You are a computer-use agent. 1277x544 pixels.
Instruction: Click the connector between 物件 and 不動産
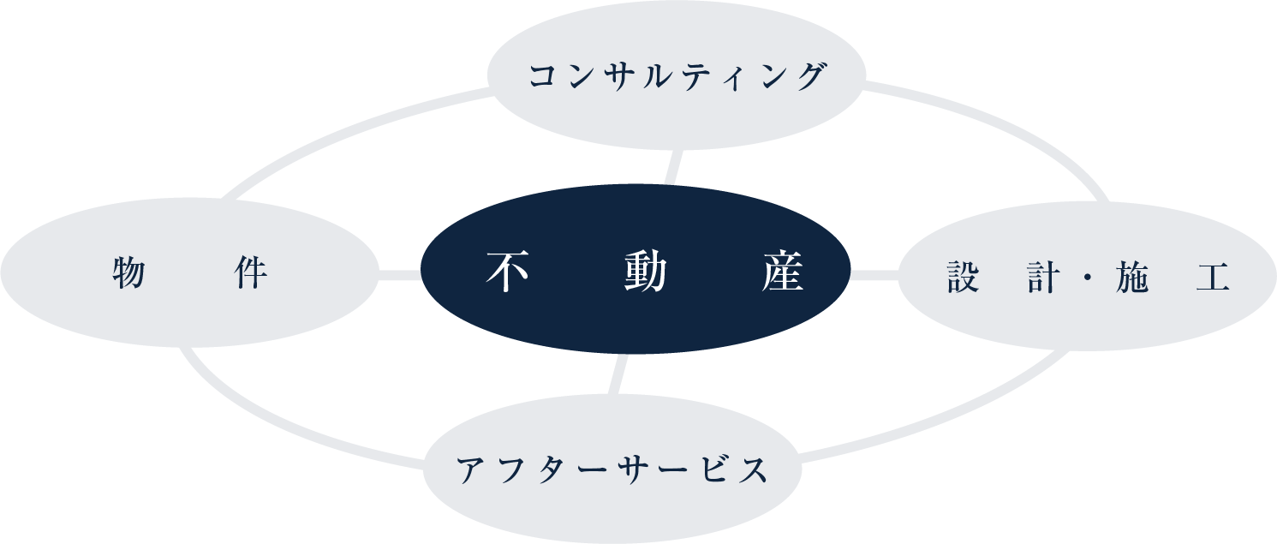pos(399,275)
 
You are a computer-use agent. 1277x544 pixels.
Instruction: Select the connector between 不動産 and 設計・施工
pos(874,275)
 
